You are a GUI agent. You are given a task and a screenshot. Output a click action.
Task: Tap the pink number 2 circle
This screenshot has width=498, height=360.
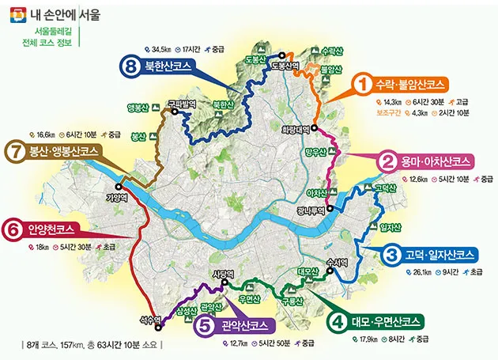click(x=387, y=161)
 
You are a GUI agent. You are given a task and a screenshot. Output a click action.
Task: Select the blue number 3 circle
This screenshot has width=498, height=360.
click(x=392, y=255)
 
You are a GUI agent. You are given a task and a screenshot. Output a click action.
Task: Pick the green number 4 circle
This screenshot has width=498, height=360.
click(x=338, y=322)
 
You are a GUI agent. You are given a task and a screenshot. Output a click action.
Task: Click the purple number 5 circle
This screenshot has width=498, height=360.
click(x=203, y=325)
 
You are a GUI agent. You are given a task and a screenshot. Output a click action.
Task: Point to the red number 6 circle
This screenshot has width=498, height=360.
click(x=12, y=230)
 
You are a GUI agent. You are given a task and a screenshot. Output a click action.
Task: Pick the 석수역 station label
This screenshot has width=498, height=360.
click(x=150, y=321)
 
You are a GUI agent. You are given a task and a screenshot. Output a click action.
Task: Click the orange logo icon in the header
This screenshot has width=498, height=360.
click(x=14, y=13)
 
